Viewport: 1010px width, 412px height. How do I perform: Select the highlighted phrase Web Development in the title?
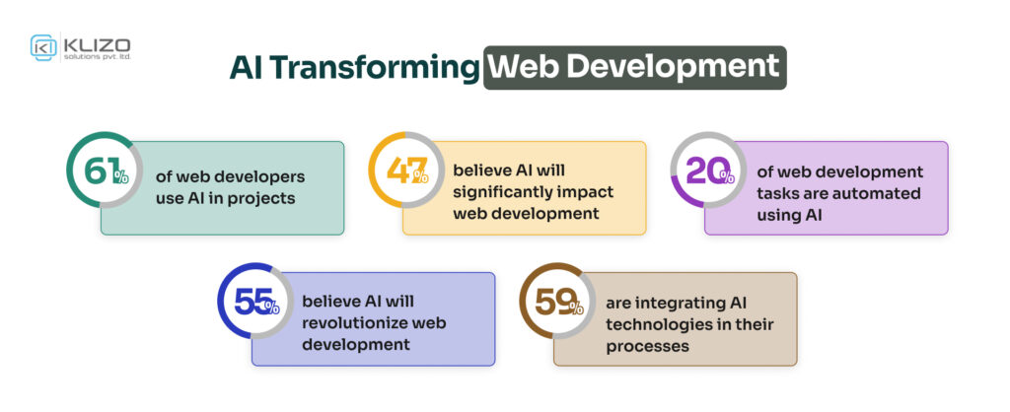pos(634,68)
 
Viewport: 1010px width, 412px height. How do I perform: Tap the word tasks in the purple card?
pos(778,193)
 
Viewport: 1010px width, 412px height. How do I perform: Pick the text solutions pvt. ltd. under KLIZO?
pos(97,57)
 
